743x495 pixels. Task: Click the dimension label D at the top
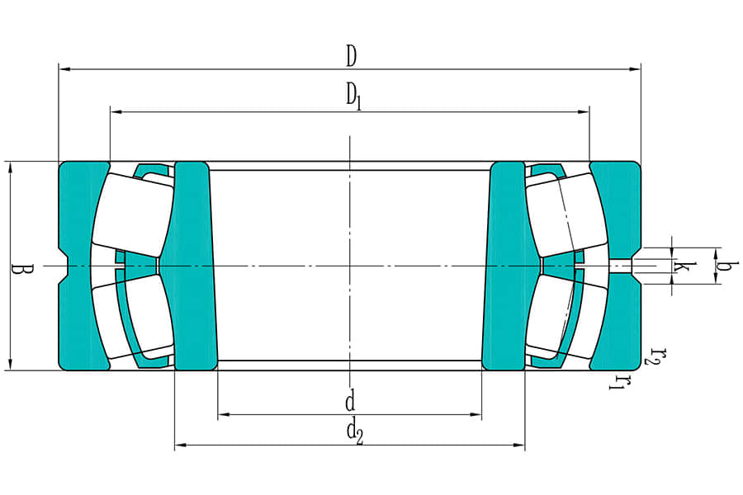(x=351, y=56)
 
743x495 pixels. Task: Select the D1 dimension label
(x=353, y=97)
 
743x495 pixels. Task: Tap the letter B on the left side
(x=19, y=269)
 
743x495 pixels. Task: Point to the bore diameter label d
(x=350, y=402)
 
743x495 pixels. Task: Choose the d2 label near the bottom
(x=354, y=431)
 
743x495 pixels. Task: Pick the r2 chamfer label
(x=655, y=356)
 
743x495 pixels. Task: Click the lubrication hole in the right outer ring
(x=620, y=266)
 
